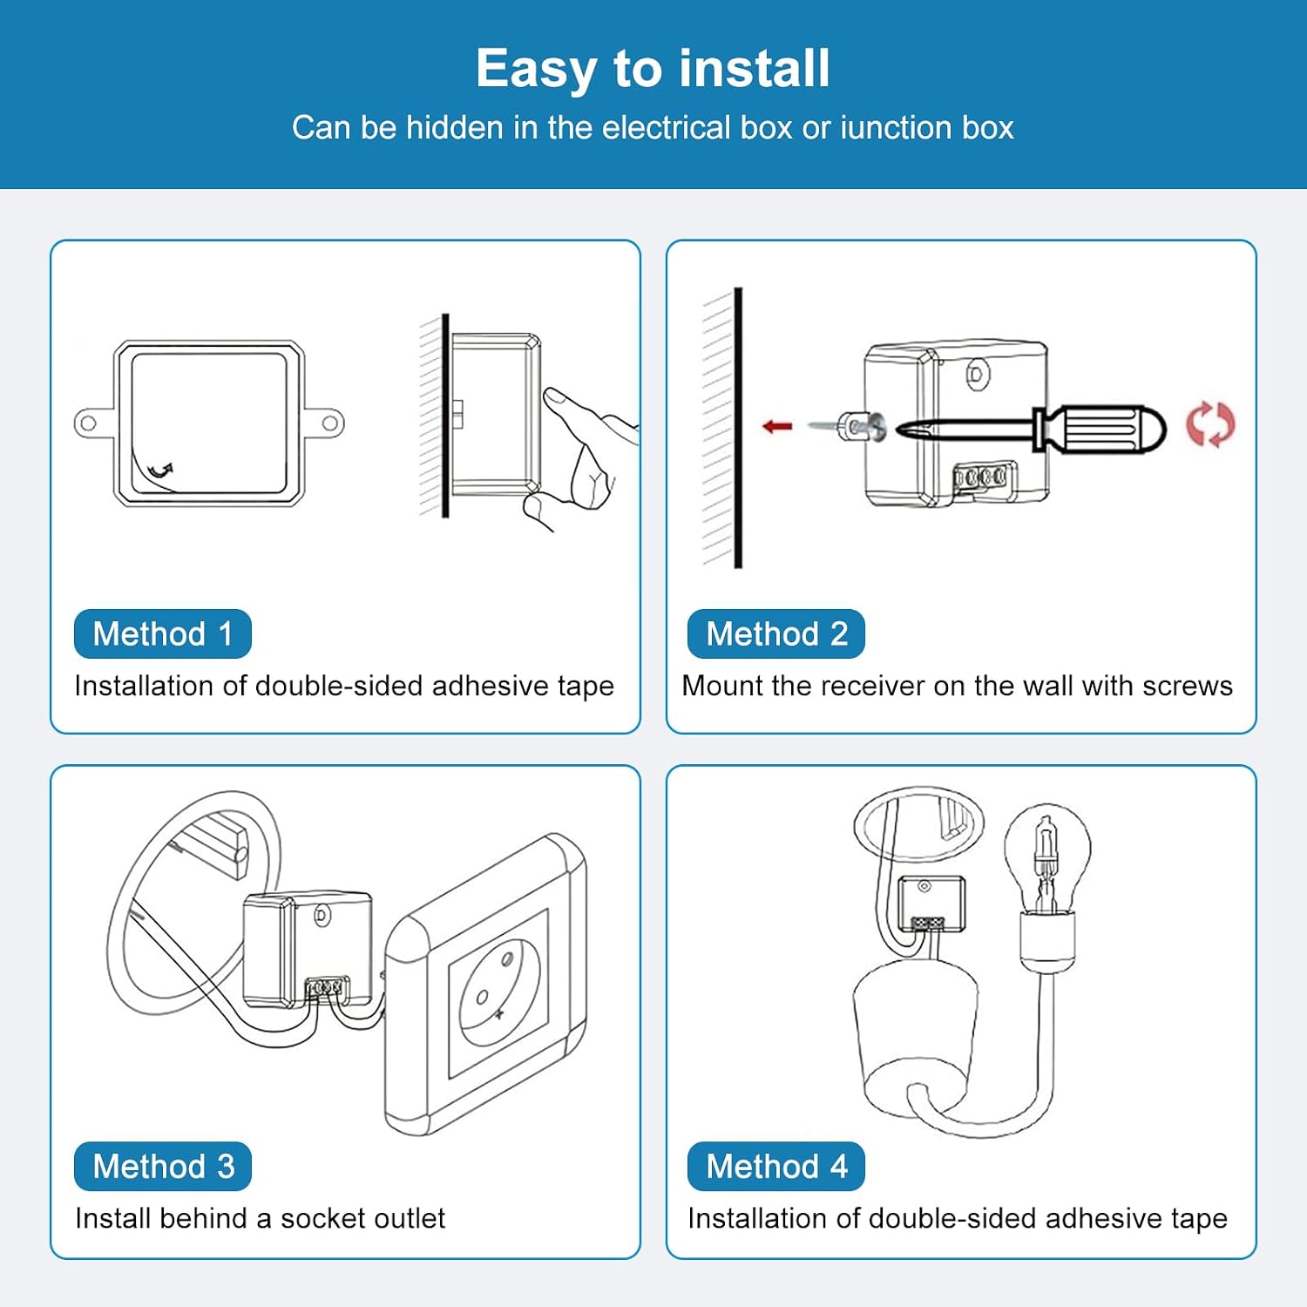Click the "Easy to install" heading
[x=653, y=68]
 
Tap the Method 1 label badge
[x=163, y=633]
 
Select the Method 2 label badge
[x=776, y=633]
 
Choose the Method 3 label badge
[x=163, y=1166]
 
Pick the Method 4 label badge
[x=776, y=1166]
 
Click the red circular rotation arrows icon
[x=1210, y=424]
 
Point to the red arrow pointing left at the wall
[x=777, y=426]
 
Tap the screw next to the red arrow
[x=847, y=427]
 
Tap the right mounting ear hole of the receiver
[x=330, y=424]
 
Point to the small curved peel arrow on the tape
[x=160, y=471]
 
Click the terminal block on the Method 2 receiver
[x=982, y=477]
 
